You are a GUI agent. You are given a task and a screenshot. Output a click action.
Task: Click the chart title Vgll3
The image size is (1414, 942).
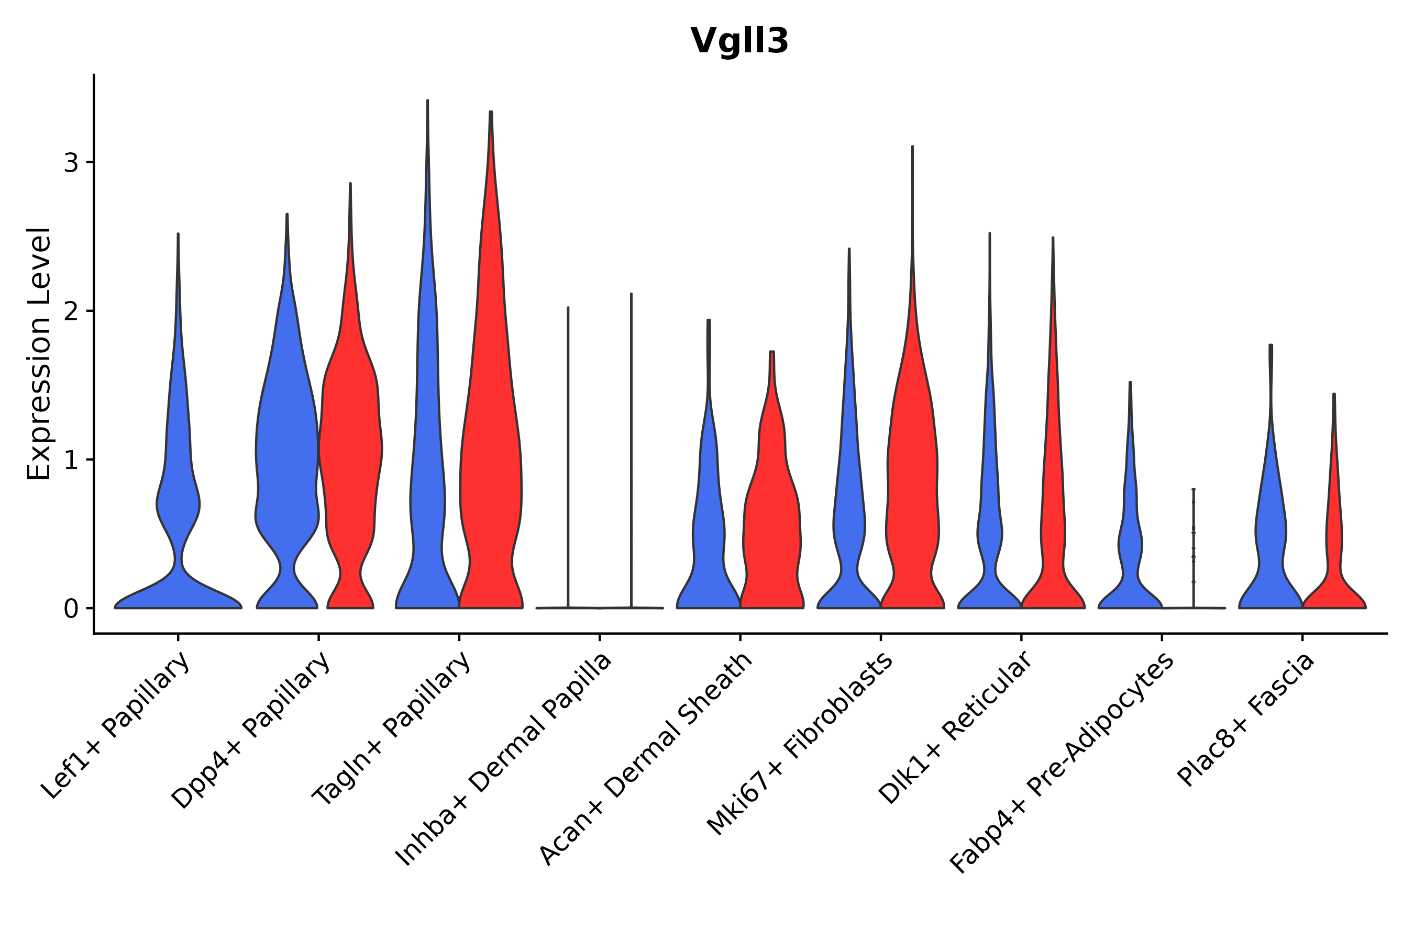click(739, 41)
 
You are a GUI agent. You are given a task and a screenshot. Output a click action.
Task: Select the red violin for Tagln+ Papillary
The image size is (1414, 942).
click(491, 480)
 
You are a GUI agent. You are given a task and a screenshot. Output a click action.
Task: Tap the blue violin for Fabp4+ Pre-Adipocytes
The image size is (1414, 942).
click(1130, 541)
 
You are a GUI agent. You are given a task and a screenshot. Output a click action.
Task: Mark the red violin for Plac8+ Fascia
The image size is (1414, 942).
click(1334, 541)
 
